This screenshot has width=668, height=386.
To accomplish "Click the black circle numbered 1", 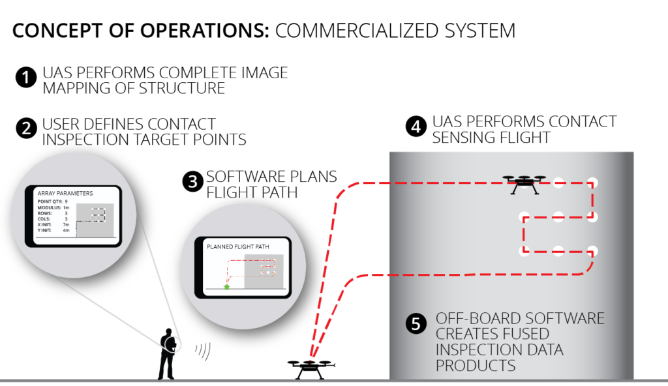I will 25,78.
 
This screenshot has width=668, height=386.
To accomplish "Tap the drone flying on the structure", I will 524,184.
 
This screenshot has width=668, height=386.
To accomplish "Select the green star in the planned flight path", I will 227,286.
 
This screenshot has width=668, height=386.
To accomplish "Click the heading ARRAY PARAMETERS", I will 65,194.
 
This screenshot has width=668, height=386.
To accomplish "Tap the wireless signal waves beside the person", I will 202,351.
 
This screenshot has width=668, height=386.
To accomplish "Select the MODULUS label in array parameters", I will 48,207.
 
